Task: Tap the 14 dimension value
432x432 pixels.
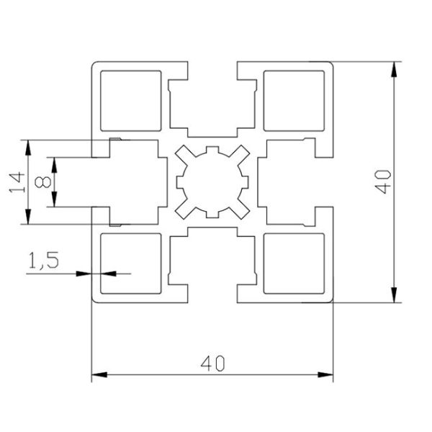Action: tap(15, 181)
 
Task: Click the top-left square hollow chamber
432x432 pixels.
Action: tap(130, 101)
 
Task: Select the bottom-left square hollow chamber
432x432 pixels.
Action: tap(130, 264)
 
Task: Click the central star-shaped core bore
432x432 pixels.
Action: tap(212, 182)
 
